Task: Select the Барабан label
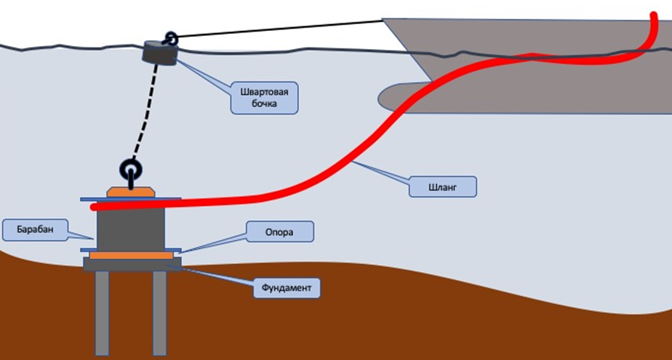click(28, 229)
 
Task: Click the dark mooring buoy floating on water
click(159, 51)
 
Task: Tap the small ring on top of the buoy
click(171, 38)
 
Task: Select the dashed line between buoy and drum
click(148, 113)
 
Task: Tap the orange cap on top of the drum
click(131, 193)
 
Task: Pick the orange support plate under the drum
click(131, 255)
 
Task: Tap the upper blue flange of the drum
click(131, 200)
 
